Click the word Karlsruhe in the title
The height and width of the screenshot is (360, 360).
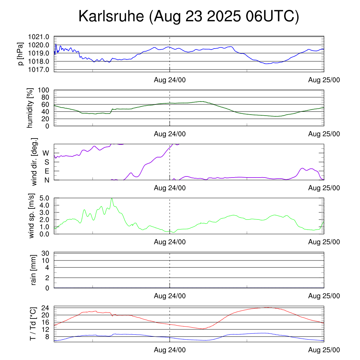coord(112,17)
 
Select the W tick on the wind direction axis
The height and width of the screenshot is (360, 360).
coord(46,153)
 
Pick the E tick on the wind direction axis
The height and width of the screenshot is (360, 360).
coord(46,171)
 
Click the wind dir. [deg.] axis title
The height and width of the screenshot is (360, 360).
coord(34,162)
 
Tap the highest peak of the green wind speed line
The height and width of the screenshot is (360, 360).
coord(112,198)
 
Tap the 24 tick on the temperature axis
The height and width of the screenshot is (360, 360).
coord(46,308)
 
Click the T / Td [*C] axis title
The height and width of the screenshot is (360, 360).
coord(33,323)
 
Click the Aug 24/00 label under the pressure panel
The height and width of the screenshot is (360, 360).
coord(170,80)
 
